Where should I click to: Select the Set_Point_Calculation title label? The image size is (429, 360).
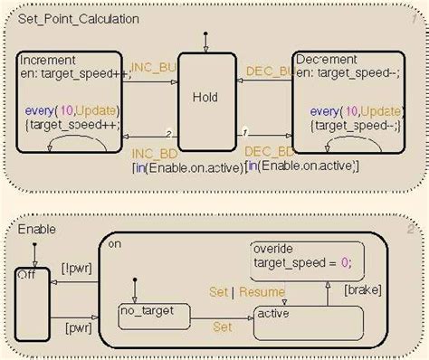(68, 15)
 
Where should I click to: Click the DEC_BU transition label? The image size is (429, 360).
(269, 69)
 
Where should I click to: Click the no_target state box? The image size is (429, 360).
(154, 314)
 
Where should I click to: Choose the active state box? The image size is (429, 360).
(308, 322)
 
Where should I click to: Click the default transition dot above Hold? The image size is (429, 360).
(208, 37)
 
